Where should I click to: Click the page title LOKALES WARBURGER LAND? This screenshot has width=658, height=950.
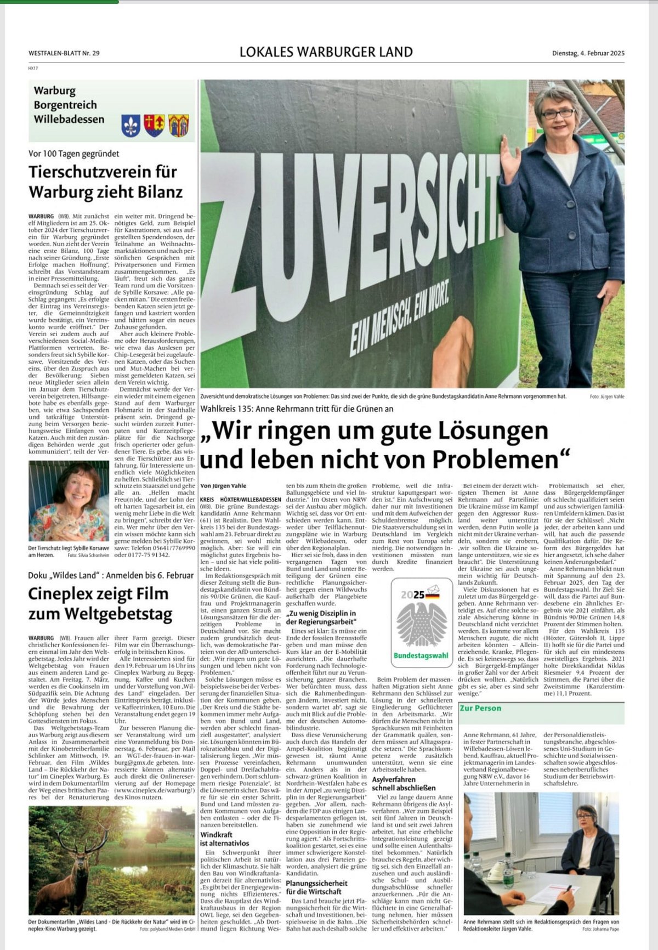click(x=326, y=52)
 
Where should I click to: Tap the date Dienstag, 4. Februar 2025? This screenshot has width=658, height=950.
click(x=588, y=53)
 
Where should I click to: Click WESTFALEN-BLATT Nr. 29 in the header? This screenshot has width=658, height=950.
click(x=64, y=53)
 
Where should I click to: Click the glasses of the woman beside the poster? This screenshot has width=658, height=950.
click(x=557, y=114)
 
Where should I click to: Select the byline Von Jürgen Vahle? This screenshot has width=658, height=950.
click(x=223, y=485)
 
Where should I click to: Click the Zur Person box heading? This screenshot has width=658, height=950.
click(x=480, y=708)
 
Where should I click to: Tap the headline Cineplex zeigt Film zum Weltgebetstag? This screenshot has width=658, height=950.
click(x=100, y=603)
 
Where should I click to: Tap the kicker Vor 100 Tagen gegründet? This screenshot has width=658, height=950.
click(x=73, y=154)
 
